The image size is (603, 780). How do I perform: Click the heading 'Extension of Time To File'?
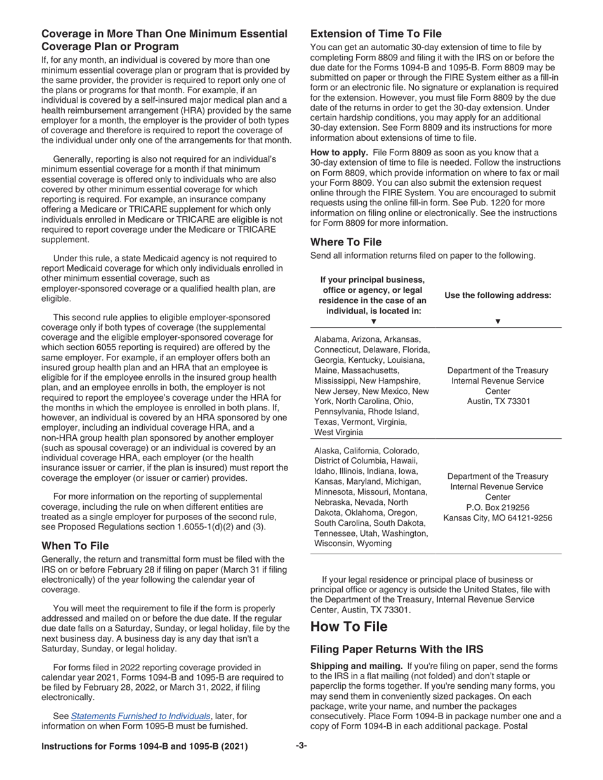click(376, 34)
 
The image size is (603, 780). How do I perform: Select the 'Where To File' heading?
click(346, 242)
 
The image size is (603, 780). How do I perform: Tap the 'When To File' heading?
click(75, 545)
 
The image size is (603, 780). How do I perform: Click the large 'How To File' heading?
click(348, 627)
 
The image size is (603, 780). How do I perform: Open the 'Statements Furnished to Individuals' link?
click(140, 716)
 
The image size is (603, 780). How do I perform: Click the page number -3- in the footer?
click(301, 746)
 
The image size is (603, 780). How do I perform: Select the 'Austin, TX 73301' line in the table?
click(498, 401)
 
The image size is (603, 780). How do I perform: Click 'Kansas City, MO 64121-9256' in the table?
click(498, 517)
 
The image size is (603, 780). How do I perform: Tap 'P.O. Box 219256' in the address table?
click(498, 507)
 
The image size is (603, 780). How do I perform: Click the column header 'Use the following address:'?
click(498, 295)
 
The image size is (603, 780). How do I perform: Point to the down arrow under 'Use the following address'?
click(498, 322)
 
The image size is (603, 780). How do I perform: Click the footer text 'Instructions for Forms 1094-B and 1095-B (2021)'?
click(145, 746)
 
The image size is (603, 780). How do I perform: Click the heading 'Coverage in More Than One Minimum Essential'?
click(164, 34)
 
